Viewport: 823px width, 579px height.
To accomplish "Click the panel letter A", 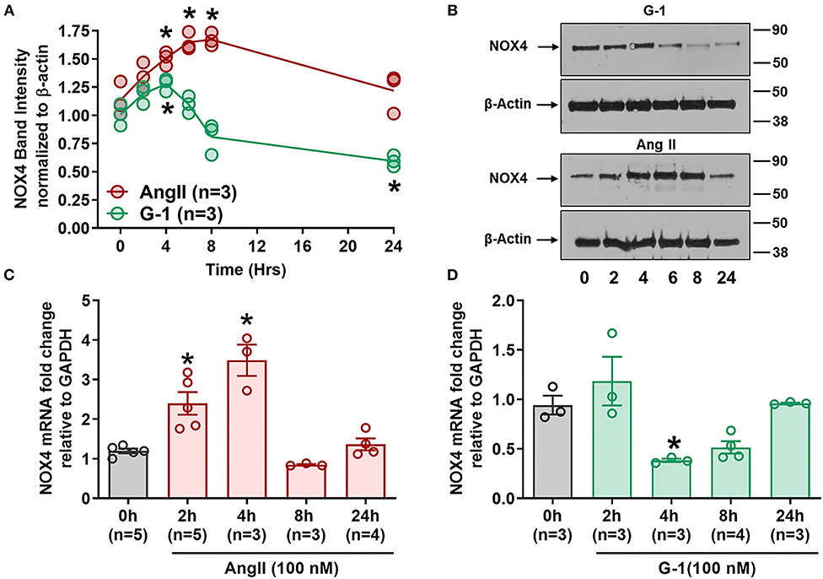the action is click(9, 10).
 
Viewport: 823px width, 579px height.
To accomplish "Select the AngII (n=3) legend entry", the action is click(172, 192).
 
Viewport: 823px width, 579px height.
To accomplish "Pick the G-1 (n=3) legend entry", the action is click(165, 214).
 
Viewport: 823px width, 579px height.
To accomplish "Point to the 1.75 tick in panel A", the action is click(73, 32).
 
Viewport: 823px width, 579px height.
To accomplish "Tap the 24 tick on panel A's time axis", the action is click(393, 246).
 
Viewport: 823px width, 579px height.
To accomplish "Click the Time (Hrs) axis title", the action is click(245, 270).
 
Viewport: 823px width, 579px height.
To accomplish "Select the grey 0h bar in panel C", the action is click(128, 474).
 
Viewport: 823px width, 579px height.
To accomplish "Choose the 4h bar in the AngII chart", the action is click(247, 430).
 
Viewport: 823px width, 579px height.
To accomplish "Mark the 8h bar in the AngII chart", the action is click(307, 481).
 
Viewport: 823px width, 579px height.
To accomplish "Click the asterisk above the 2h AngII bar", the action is click(187, 360).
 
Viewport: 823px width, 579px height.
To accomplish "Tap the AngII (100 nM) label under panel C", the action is click(282, 568).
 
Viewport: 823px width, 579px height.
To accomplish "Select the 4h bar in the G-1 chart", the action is click(671, 479).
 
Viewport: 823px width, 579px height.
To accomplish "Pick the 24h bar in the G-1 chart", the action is click(790, 451).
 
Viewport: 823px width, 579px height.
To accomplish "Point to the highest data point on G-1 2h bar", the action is click(612, 333).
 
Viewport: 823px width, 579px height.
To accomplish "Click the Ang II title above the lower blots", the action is click(656, 144).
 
